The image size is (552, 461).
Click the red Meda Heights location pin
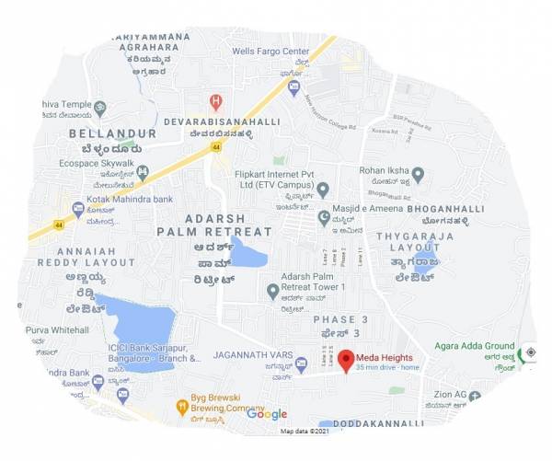(344, 360)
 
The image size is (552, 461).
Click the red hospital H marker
(216, 100)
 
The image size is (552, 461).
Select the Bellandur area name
(112, 134)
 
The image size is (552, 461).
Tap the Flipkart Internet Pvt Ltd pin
(322, 190)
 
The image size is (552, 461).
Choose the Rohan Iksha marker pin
(418, 173)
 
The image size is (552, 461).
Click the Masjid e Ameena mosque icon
(323, 216)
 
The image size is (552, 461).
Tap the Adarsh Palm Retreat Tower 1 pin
(272, 292)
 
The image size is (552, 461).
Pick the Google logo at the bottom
(267, 414)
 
